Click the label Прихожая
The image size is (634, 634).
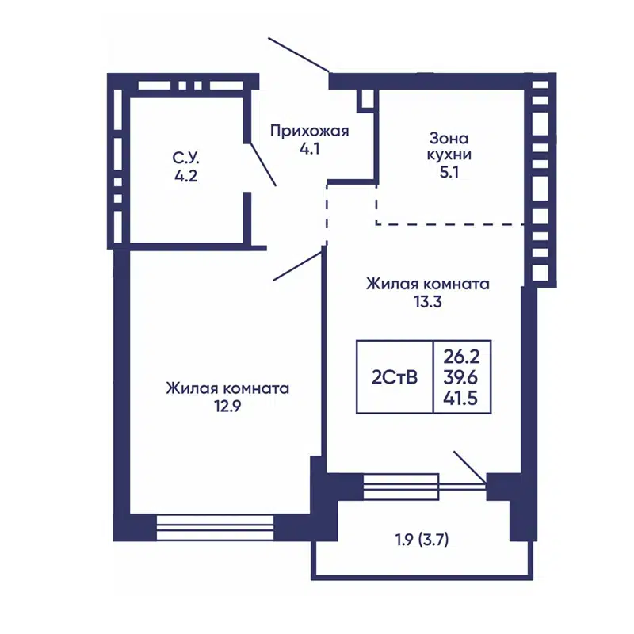pyautogui.click(x=309, y=132)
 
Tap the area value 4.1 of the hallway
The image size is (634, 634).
pyautogui.click(x=310, y=149)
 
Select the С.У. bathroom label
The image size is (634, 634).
pyautogui.click(x=186, y=158)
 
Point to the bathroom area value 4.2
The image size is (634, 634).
pyautogui.click(x=186, y=176)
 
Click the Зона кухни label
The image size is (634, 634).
pyautogui.click(x=449, y=147)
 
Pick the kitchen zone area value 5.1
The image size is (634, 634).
pyautogui.click(x=449, y=173)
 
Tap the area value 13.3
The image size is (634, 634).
pyautogui.click(x=428, y=302)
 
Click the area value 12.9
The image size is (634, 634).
pyautogui.click(x=227, y=407)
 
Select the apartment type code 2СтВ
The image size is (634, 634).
pyautogui.click(x=395, y=378)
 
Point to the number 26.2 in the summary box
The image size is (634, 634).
pyautogui.click(x=461, y=357)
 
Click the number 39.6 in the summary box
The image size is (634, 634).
pyautogui.click(x=461, y=378)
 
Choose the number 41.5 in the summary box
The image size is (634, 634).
pyautogui.click(x=460, y=399)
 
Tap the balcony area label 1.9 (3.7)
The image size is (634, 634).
pyautogui.click(x=422, y=540)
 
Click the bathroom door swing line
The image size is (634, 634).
pyautogui.click(x=262, y=164)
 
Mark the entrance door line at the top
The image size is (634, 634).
pyautogui.click(x=299, y=55)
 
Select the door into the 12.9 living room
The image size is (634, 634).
pyautogui.click(x=298, y=265)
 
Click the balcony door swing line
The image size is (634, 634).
pyautogui.click(x=470, y=467)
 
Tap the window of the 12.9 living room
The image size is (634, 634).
pyautogui.click(x=215, y=527)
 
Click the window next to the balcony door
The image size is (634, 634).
pyautogui.click(x=401, y=487)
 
